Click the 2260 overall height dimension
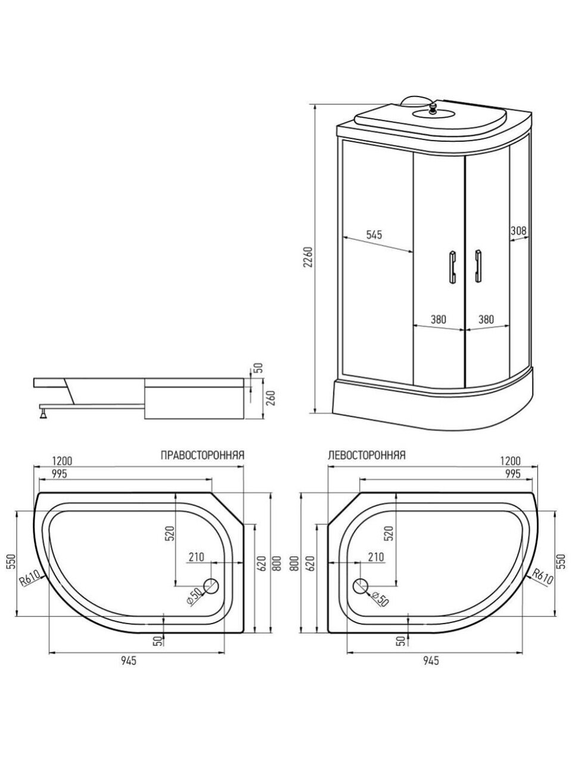309,258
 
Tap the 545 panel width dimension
374,235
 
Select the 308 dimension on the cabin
518,231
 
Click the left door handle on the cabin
452,266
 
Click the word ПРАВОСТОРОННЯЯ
203,455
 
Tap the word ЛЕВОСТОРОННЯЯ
367,455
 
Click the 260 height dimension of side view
272,398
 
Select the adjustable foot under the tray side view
44,414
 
